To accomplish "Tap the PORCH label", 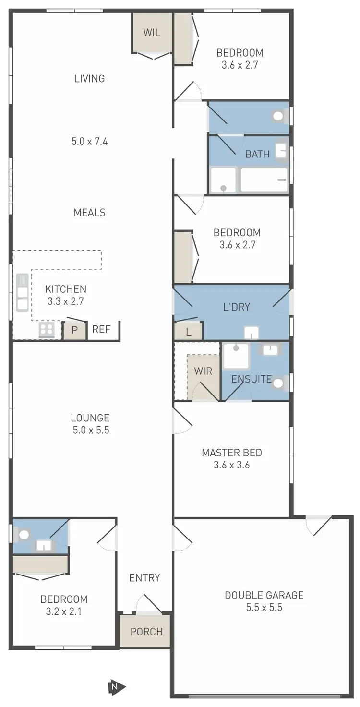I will click(x=146, y=632).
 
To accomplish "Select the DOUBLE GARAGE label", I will click(x=264, y=595).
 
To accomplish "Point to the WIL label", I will click(x=152, y=33).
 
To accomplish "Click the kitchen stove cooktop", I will click(x=47, y=330).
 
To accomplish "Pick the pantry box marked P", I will click(x=75, y=330).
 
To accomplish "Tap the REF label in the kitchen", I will click(x=101, y=329).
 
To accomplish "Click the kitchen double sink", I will click(x=23, y=292).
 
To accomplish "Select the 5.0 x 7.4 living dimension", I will click(x=89, y=142).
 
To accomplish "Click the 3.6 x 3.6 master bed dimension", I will click(x=232, y=465).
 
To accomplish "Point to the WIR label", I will click(x=203, y=371).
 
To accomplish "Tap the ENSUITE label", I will click(x=252, y=379).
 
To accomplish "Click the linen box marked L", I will click(x=188, y=331).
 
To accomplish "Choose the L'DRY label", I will click(x=237, y=307).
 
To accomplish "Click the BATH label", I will click(x=257, y=154).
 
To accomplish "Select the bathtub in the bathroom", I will click(x=264, y=180).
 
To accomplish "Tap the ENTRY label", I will click(x=144, y=577).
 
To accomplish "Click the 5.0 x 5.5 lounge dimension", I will click(x=90, y=430).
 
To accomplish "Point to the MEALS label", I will click(x=90, y=212).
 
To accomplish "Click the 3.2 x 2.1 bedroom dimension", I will click(x=64, y=611).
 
